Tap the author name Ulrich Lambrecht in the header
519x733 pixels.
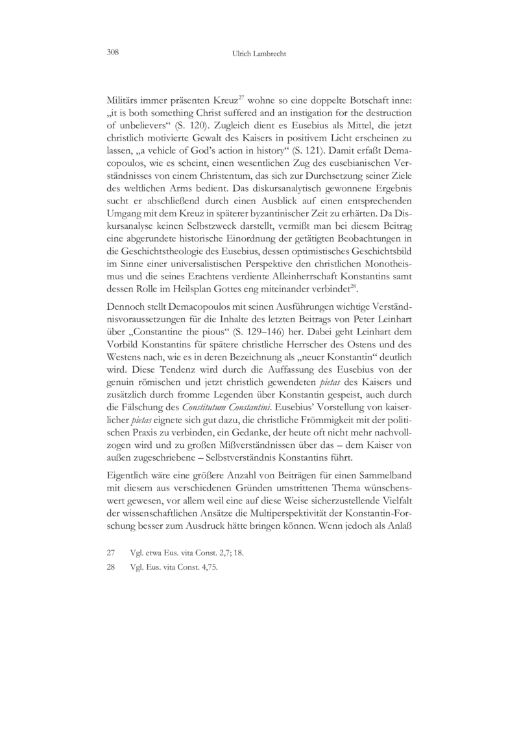(x=259, y=53)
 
